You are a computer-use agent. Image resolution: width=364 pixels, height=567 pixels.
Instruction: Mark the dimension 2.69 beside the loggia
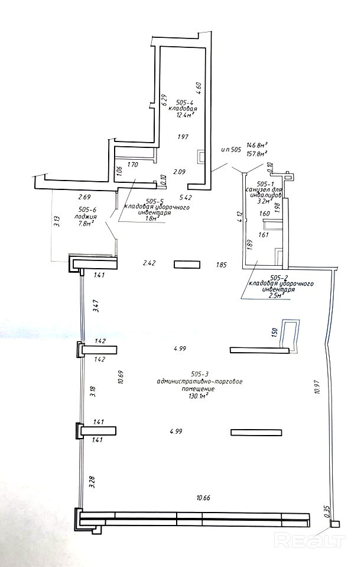pyautogui.click(x=84, y=197)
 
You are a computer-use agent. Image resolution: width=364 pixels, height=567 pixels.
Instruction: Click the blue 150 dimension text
pyautogui.click(x=274, y=333)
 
